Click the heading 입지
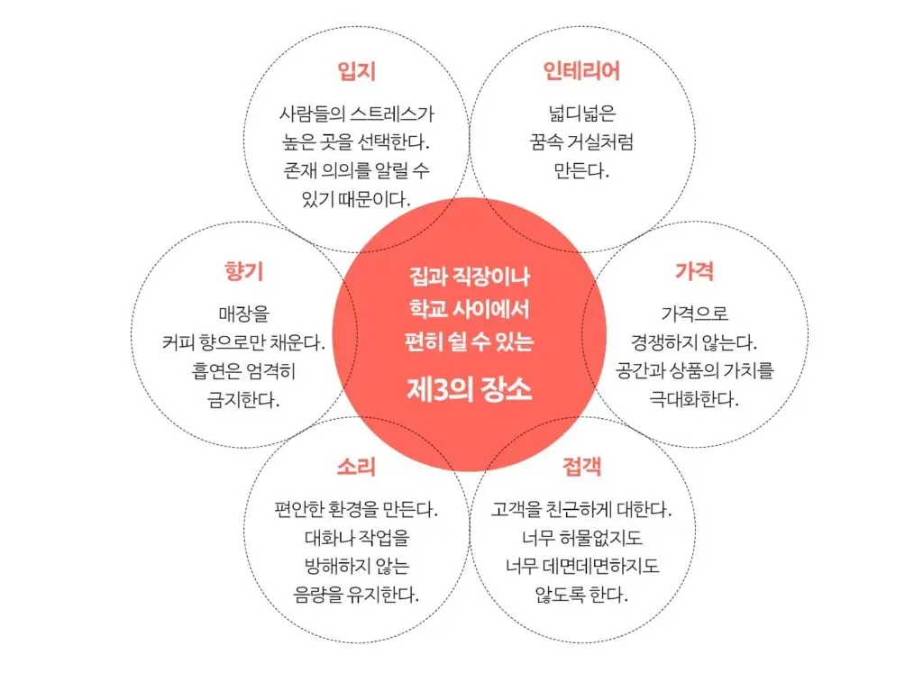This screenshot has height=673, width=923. point(356,71)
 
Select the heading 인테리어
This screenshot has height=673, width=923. point(581,71)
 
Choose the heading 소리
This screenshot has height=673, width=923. point(356,467)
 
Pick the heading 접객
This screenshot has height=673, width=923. point(581,467)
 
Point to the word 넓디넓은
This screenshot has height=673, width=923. point(581,114)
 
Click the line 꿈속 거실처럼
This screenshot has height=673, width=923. point(581,141)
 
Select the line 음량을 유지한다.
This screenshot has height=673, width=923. point(356,595)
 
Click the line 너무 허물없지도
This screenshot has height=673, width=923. point(581,539)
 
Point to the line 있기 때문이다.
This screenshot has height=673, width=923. point(356,198)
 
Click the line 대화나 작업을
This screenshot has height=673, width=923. point(356,539)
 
